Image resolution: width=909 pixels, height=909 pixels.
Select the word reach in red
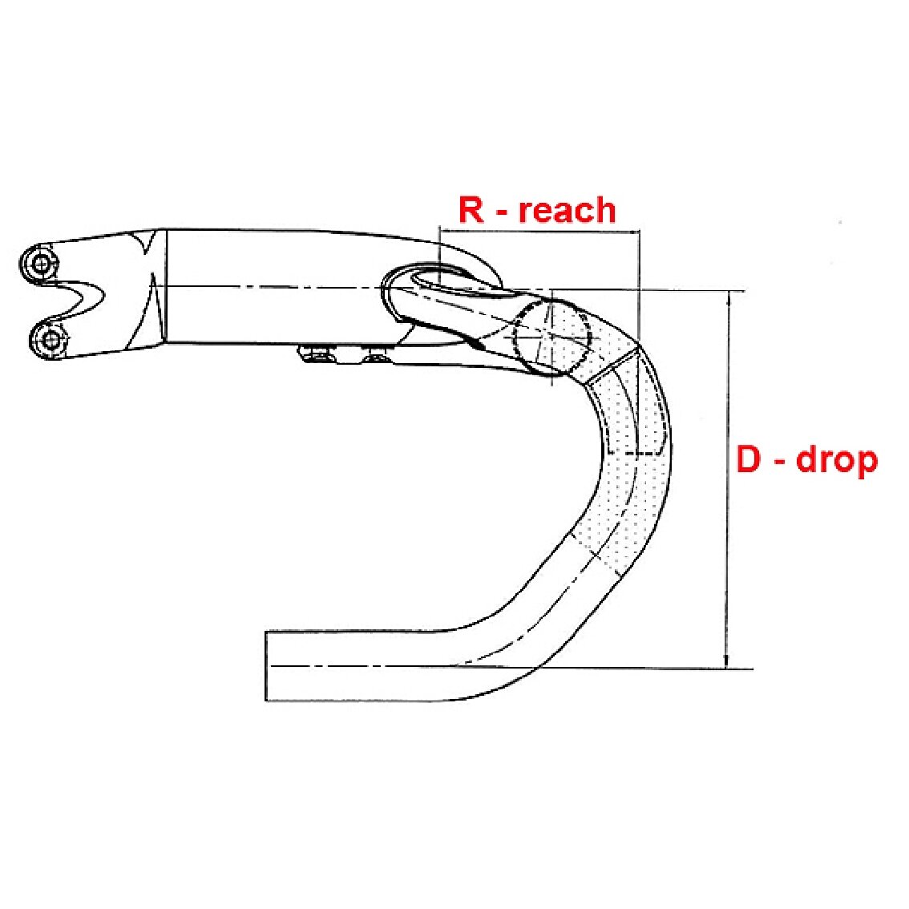(x=567, y=211)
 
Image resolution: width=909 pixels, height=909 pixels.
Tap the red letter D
(x=748, y=459)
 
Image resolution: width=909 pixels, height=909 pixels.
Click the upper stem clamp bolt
(x=41, y=265)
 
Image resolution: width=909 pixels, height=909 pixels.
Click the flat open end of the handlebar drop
(x=266, y=665)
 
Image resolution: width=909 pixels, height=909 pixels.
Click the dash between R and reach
(x=500, y=213)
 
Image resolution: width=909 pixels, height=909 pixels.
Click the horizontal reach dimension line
(x=539, y=232)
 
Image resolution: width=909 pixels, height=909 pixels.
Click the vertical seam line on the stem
(x=166, y=286)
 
